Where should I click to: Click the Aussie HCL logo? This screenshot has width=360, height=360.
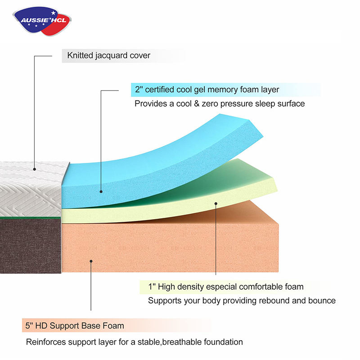pos(43,20)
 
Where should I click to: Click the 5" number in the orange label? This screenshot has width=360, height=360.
pos(29,325)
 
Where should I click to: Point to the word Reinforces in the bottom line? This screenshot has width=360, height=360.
pos(47,342)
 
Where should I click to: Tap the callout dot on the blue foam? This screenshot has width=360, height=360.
pos(101,192)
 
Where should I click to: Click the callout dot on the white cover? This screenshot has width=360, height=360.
pos(34,169)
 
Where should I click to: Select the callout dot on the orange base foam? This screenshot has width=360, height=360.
pos(91,260)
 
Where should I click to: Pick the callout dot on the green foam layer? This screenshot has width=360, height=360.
pos(216,203)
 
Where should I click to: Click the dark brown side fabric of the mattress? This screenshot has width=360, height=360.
pos(30,245)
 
